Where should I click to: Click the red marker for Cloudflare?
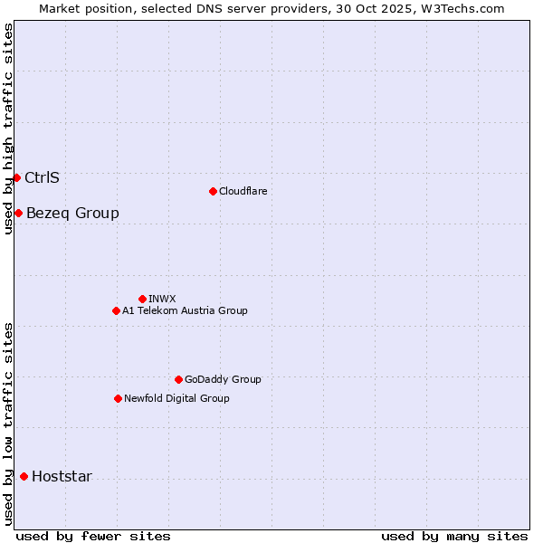[x=213, y=191]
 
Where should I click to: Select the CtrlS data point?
[x=16, y=177]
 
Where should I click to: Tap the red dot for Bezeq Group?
[x=18, y=213]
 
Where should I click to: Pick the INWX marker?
[x=142, y=299]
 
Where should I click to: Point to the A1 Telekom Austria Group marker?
[x=116, y=310]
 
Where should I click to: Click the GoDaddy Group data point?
[x=178, y=379]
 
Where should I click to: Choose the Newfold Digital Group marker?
[x=118, y=398]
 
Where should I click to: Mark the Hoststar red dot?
[x=24, y=476]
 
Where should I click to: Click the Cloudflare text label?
[x=243, y=191]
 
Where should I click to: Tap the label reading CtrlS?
[x=42, y=177]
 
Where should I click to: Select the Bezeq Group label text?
[x=72, y=214]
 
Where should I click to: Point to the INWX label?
[x=162, y=299]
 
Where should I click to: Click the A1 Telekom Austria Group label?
[x=185, y=310]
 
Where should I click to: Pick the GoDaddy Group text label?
[x=223, y=379]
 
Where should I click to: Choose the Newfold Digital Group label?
[x=176, y=398]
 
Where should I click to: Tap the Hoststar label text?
[x=62, y=477]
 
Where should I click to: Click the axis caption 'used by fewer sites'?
[x=93, y=536]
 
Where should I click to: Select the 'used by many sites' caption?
[x=454, y=536]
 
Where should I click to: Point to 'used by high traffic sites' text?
[x=8, y=129]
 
